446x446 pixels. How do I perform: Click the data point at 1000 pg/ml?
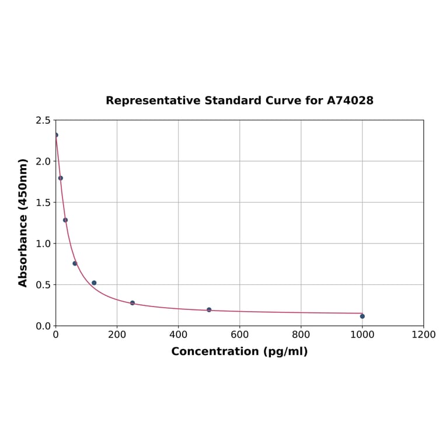pyautogui.click(x=362, y=316)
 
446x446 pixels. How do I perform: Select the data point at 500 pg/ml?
pyautogui.click(x=209, y=310)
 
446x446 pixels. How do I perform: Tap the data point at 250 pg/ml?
pyautogui.click(x=133, y=303)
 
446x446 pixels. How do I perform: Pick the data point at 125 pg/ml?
pyautogui.click(x=94, y=283)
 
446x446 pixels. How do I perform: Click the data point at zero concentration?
pyautogui.click(x=56, y=135)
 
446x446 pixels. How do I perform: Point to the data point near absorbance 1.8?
pyautogui.click(x=61, y=178)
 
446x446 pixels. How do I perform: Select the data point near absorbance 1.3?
pyautogui.click(x=65, y=220)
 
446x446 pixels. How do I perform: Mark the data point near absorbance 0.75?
pyautogui.click(x=75, y=263)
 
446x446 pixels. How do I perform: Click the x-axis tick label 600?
pyautogui.click(x=239, y=335)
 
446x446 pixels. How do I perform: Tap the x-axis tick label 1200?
pyautogui.click(x=423, y=335)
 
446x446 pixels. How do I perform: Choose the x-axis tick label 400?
pyautogui.click(x=178, y=335)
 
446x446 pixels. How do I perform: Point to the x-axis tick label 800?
pyautogui.click(x=301, y=335)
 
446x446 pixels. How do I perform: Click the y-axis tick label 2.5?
pyautogui.click(x=43, y=120)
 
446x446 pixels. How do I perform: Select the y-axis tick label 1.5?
pyautogui.click(x=43, y=203)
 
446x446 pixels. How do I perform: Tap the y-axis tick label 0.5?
pyautogui.click(x=43, y=285)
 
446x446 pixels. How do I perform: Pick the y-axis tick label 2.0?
pyautogui.click(x=43, y=161)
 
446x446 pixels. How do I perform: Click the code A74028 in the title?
pyautogui.click(x=350, y=101)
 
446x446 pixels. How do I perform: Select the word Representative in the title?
pyautogui.click(x=153, y=101)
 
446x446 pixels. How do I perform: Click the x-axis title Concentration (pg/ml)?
pyautogui.click(x=239, y=352)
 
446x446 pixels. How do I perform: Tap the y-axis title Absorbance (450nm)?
pyautogui.click(x=23, y=222)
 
